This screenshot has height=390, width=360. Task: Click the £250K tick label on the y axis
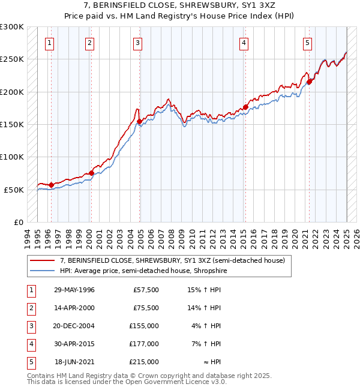click(x=12, y=59)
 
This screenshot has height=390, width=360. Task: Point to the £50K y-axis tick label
click(x=14, y=190)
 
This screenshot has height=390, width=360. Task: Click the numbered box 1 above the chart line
click(x=49, y=43)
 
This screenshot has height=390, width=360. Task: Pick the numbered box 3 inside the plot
click(x=137, y=43)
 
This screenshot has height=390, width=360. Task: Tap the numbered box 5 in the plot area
click(x=307, y=43)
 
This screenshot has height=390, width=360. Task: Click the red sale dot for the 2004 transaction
click(x=139, y=122)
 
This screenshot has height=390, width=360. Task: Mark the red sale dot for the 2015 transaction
click(x=245, y=107)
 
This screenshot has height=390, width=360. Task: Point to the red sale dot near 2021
click(x=309, y=82)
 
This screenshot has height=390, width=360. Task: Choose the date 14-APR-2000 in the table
click(x=74, y=308)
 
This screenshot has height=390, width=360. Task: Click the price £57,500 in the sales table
click(x=146, y=290)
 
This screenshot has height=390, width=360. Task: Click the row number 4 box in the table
click(x=31, y=344)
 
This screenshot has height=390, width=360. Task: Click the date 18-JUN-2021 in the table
click(x=74, y=362)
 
